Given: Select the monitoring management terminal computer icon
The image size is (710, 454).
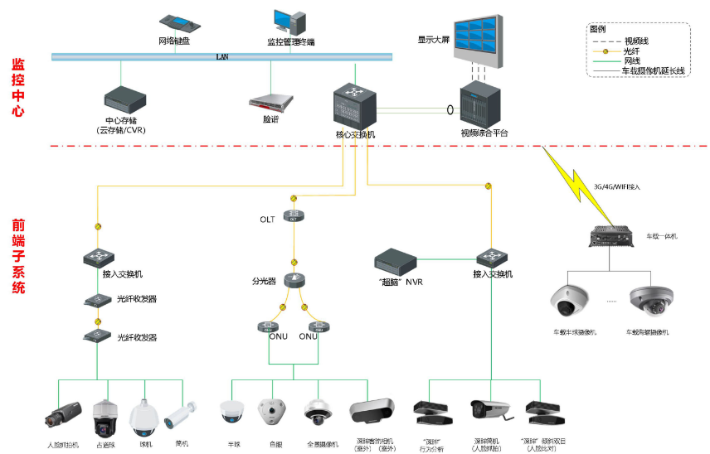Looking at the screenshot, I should (289, 22).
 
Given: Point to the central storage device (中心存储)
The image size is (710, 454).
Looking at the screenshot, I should (124, 99).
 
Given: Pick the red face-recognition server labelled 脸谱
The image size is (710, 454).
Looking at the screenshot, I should (271, 102).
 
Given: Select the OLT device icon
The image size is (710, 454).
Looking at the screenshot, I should (294, 215).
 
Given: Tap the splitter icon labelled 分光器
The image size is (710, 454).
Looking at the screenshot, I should (294, 280).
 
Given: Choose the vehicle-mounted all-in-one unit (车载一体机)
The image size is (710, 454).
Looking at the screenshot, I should (612, 237).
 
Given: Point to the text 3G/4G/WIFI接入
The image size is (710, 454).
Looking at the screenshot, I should (618, 187).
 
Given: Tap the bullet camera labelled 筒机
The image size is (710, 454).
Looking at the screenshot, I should (181, 412).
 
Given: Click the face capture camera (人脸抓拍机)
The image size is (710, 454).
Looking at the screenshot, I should (63, 413).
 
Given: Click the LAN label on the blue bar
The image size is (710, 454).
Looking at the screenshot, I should (221, 57).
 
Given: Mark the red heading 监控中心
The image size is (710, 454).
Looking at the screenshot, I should (17, 86).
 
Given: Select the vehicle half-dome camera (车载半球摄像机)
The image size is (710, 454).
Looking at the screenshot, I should (568, 302).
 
